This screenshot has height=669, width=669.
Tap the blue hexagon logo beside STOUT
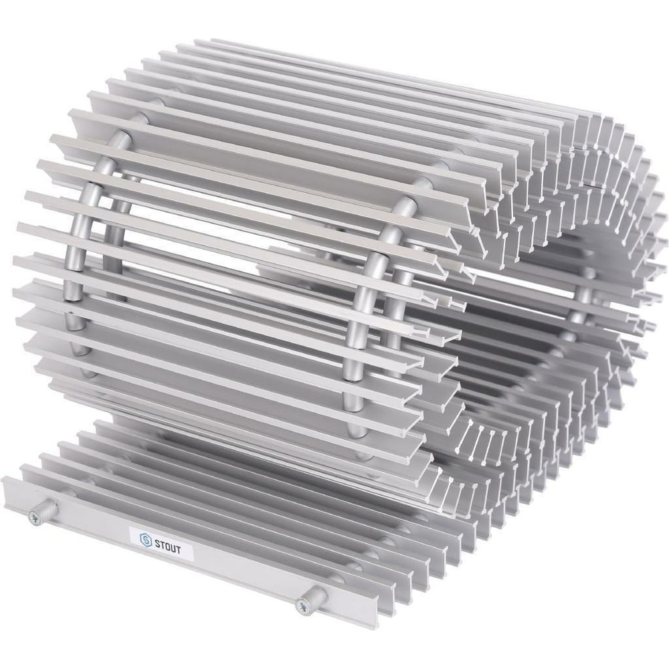coord(146,540)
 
